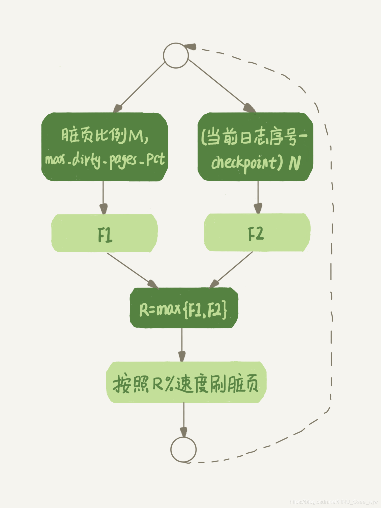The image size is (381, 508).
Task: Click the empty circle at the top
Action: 176,55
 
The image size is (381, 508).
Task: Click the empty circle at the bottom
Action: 183,449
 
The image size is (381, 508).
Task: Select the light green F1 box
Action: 104,233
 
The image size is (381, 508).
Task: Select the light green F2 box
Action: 257,233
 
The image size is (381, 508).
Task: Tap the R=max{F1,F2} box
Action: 183,308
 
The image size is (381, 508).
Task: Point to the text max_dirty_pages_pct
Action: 105,160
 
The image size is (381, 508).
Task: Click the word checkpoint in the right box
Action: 244,163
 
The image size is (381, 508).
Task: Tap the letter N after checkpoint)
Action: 294,163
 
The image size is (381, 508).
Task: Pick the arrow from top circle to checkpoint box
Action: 220,85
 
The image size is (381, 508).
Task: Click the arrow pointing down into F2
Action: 258,197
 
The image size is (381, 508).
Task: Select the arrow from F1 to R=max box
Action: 131,270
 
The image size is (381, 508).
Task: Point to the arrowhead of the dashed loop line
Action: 190,47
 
